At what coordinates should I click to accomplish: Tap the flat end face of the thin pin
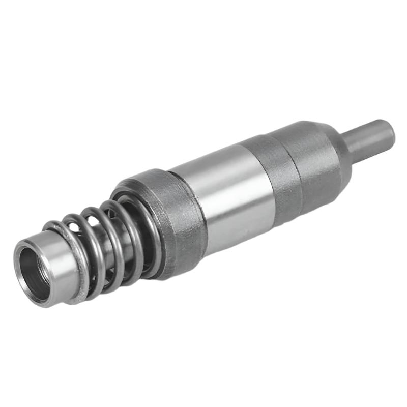(x=387, y=131)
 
